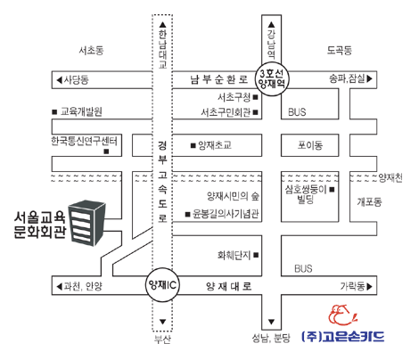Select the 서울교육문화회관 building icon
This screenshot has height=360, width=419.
pyautogui.click(x=86, y=223)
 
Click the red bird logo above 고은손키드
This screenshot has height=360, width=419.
pyautogui.click(x=342, y=316)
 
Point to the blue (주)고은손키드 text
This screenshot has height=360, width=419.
pyautogui.click(x=342, y=337)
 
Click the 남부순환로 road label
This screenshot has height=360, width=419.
pyautogui.click(x=219, y=79)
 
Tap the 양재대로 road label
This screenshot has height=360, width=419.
pyautogui.click(x=228, y=286)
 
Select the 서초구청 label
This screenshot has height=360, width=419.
pyautogui.click(x=234, y=97)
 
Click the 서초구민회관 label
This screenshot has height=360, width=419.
pyautogui.click(x=226, y=112)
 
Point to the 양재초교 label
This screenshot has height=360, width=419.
pyautogui.click(x=215, y=145)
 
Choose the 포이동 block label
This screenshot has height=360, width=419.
pyautogui.click(x=310, y=145)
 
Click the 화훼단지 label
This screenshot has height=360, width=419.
pyautogui.click(x=234, y=255)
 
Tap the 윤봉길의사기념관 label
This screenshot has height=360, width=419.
pyautogui.click(x=226, y=214)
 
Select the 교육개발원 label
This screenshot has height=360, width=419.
pyautogui.click(x=81, y=111)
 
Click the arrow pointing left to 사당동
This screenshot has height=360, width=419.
pyautogui.click(x=60, y=79)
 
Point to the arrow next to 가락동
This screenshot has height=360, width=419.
pyautogui.click(x=369, y=286)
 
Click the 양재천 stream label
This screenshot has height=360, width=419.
pyautogui.click(x=390, y=177)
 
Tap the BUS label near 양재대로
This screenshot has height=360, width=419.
pyautogui.click(x=303, y=268)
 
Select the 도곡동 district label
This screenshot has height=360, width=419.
pyautogui.click(x=340, y=50)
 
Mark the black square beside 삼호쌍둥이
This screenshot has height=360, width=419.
pyautogui.click(x=332, y=189)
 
